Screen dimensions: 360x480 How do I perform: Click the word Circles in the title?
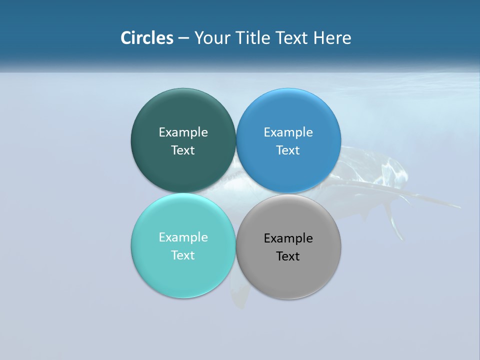click(146, 38)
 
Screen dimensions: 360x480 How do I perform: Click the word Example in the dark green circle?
click(183, 132)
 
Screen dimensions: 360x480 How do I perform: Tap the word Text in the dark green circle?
click(183, 150)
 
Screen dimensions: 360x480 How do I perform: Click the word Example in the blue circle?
click(288, 132)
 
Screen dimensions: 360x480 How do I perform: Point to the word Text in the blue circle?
click(288, 150)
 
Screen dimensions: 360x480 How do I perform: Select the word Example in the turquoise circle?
click(183, 237)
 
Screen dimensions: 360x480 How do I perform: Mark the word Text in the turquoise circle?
click(183, 255)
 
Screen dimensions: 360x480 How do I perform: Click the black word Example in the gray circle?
click(288, 238)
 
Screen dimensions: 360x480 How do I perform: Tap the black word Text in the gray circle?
click(288, 256)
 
